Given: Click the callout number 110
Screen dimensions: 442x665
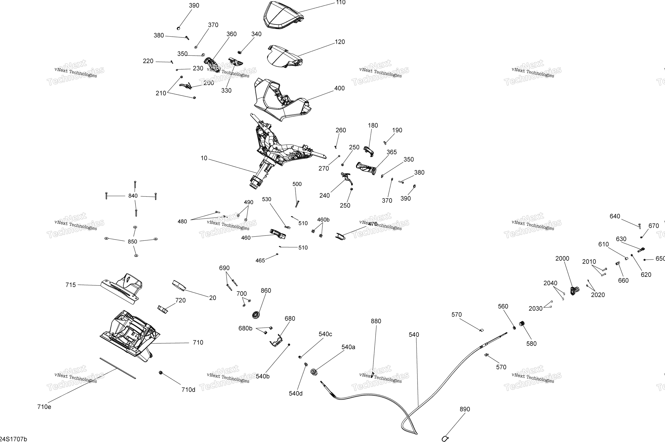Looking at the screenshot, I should (x=341, y=3).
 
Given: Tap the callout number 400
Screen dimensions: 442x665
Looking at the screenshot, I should (x=339, y=88).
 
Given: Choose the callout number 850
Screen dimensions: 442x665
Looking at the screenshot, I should (x=132, y=242).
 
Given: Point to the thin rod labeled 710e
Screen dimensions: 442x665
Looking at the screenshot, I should (x=117, y=368).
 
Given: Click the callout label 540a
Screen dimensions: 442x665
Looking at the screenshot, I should (x=348, y=347).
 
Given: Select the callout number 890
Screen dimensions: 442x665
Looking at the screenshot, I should (x=465, y=409).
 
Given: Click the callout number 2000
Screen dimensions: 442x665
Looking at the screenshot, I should (x=562, y=259).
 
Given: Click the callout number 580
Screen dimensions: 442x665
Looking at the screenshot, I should (x=531, y=344).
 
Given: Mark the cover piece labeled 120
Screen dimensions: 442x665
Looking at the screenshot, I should (x=284, y=56).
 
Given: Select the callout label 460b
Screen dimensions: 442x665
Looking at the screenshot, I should (x=323, y=220).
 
